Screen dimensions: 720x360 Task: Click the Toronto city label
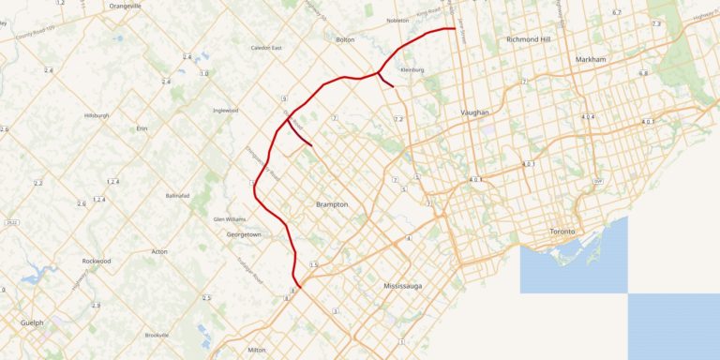click(x=562, y=232)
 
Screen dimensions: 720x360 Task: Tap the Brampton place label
click(x=333, y=204)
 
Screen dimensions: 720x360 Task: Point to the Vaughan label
click(x=475, y=112)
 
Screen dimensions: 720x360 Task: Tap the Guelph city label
click(x=32, y=322)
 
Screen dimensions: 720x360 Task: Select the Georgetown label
click(x=244, y=234)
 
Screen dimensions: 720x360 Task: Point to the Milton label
click(x=257, y=350)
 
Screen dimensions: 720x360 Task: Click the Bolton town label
click(x=345, y=40)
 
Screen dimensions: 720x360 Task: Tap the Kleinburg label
click(x=412, y=69)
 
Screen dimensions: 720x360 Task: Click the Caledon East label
click(x=266, y=48)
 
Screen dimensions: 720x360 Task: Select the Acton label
click(x=159, y=252)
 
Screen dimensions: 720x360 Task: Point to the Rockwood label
click(x=97, y=261)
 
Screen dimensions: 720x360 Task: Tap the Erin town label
click(x=142, y=127)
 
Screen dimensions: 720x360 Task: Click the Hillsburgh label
click(x=97, y=115)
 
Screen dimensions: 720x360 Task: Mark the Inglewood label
click(x=226, y=110)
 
